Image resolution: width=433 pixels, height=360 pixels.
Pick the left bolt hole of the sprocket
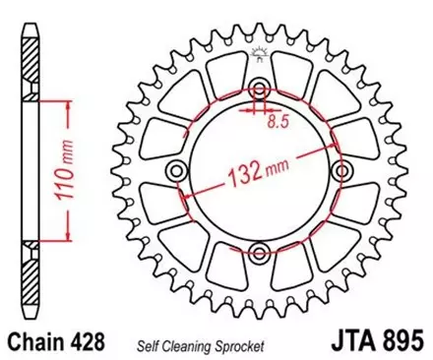[x=176, y=170]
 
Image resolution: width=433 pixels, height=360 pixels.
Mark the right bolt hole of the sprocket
[x=342, y=170]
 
